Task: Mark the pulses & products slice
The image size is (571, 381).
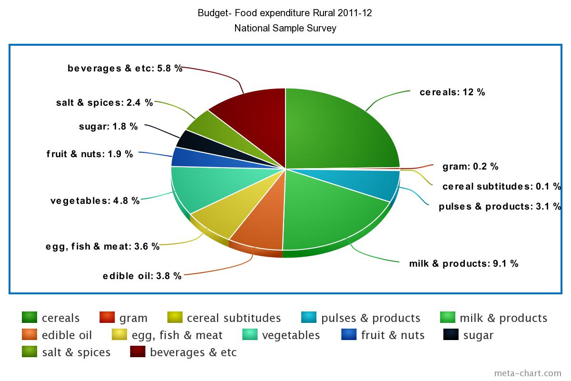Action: tap(376, 183)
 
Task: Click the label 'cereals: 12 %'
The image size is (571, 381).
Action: tap(452, 92)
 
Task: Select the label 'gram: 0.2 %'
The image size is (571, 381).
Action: tap(470, 167)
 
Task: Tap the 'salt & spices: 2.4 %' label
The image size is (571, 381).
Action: tap(104, 102)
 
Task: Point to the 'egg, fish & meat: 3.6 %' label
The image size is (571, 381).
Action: tap(102, 246)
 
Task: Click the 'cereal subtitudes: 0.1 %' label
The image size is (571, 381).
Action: tap(502, 186)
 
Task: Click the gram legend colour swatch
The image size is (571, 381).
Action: tap(108, 318)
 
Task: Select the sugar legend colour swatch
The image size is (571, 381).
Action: tap(451, 335)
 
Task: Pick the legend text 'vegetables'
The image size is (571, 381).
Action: tap(291, 335)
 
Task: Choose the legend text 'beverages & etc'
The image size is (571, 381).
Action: tap(193, 352)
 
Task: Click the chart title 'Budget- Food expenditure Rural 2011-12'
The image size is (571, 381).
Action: tap(285, 13)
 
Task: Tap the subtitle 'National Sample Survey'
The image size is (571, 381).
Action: tap(285, 28)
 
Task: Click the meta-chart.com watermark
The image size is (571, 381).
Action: tap(528, 373)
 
